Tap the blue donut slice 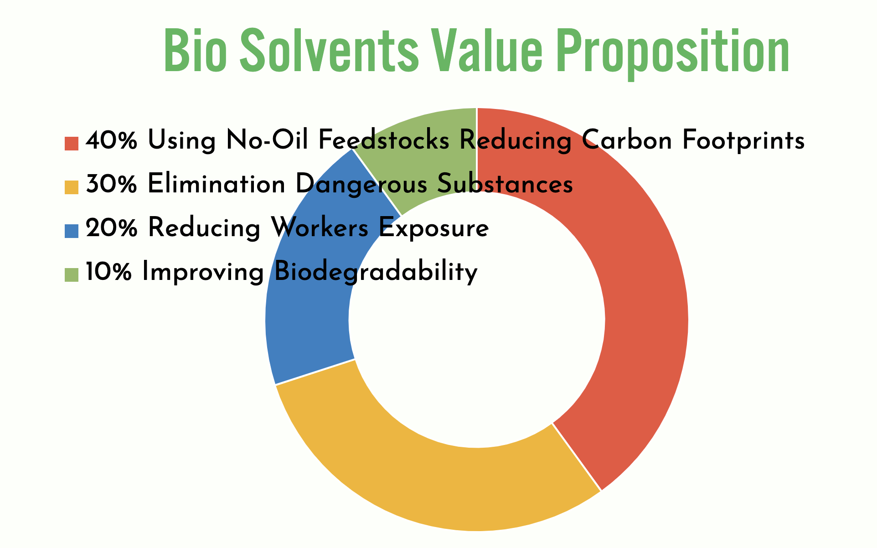click(310, 292)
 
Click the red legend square click(72, 143)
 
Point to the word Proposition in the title click(673, 54)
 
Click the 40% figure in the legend click(111, 140)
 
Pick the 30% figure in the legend click(111, 184)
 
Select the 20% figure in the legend click(111, 228)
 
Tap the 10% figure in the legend click(109, 272)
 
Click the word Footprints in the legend click(743, 140)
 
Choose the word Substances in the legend click(505, 184)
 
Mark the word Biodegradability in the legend click(376, 273)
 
